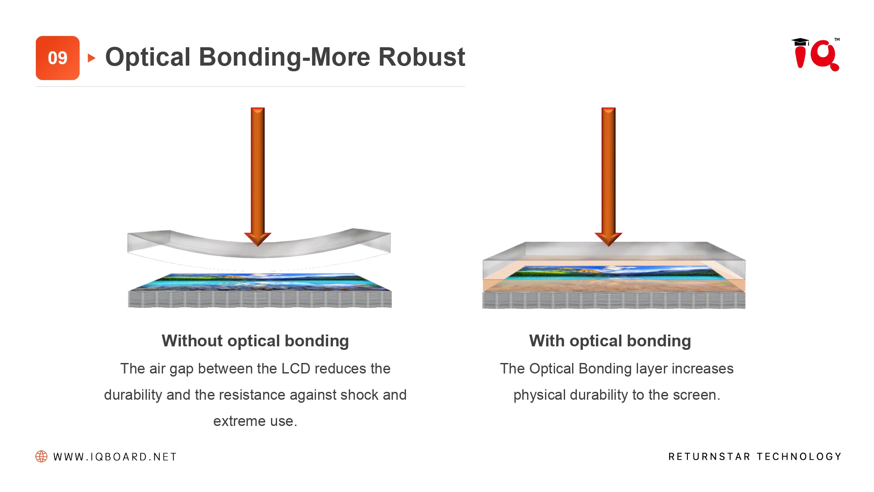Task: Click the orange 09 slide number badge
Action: point(58,58)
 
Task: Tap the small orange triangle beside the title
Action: point(91,58)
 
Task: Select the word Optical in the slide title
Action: point(148,57)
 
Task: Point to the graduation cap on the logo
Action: point(800,42)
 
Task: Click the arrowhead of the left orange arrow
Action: point(258,238)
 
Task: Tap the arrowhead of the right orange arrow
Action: point(608,238)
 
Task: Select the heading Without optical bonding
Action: point(255,341)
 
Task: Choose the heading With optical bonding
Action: point(610,341)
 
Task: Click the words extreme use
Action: point(255,421)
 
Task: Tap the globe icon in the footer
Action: point(42,457)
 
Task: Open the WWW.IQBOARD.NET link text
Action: point(115,457)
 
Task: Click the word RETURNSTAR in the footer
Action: point(709,457)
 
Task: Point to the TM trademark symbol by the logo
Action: point(837,40)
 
